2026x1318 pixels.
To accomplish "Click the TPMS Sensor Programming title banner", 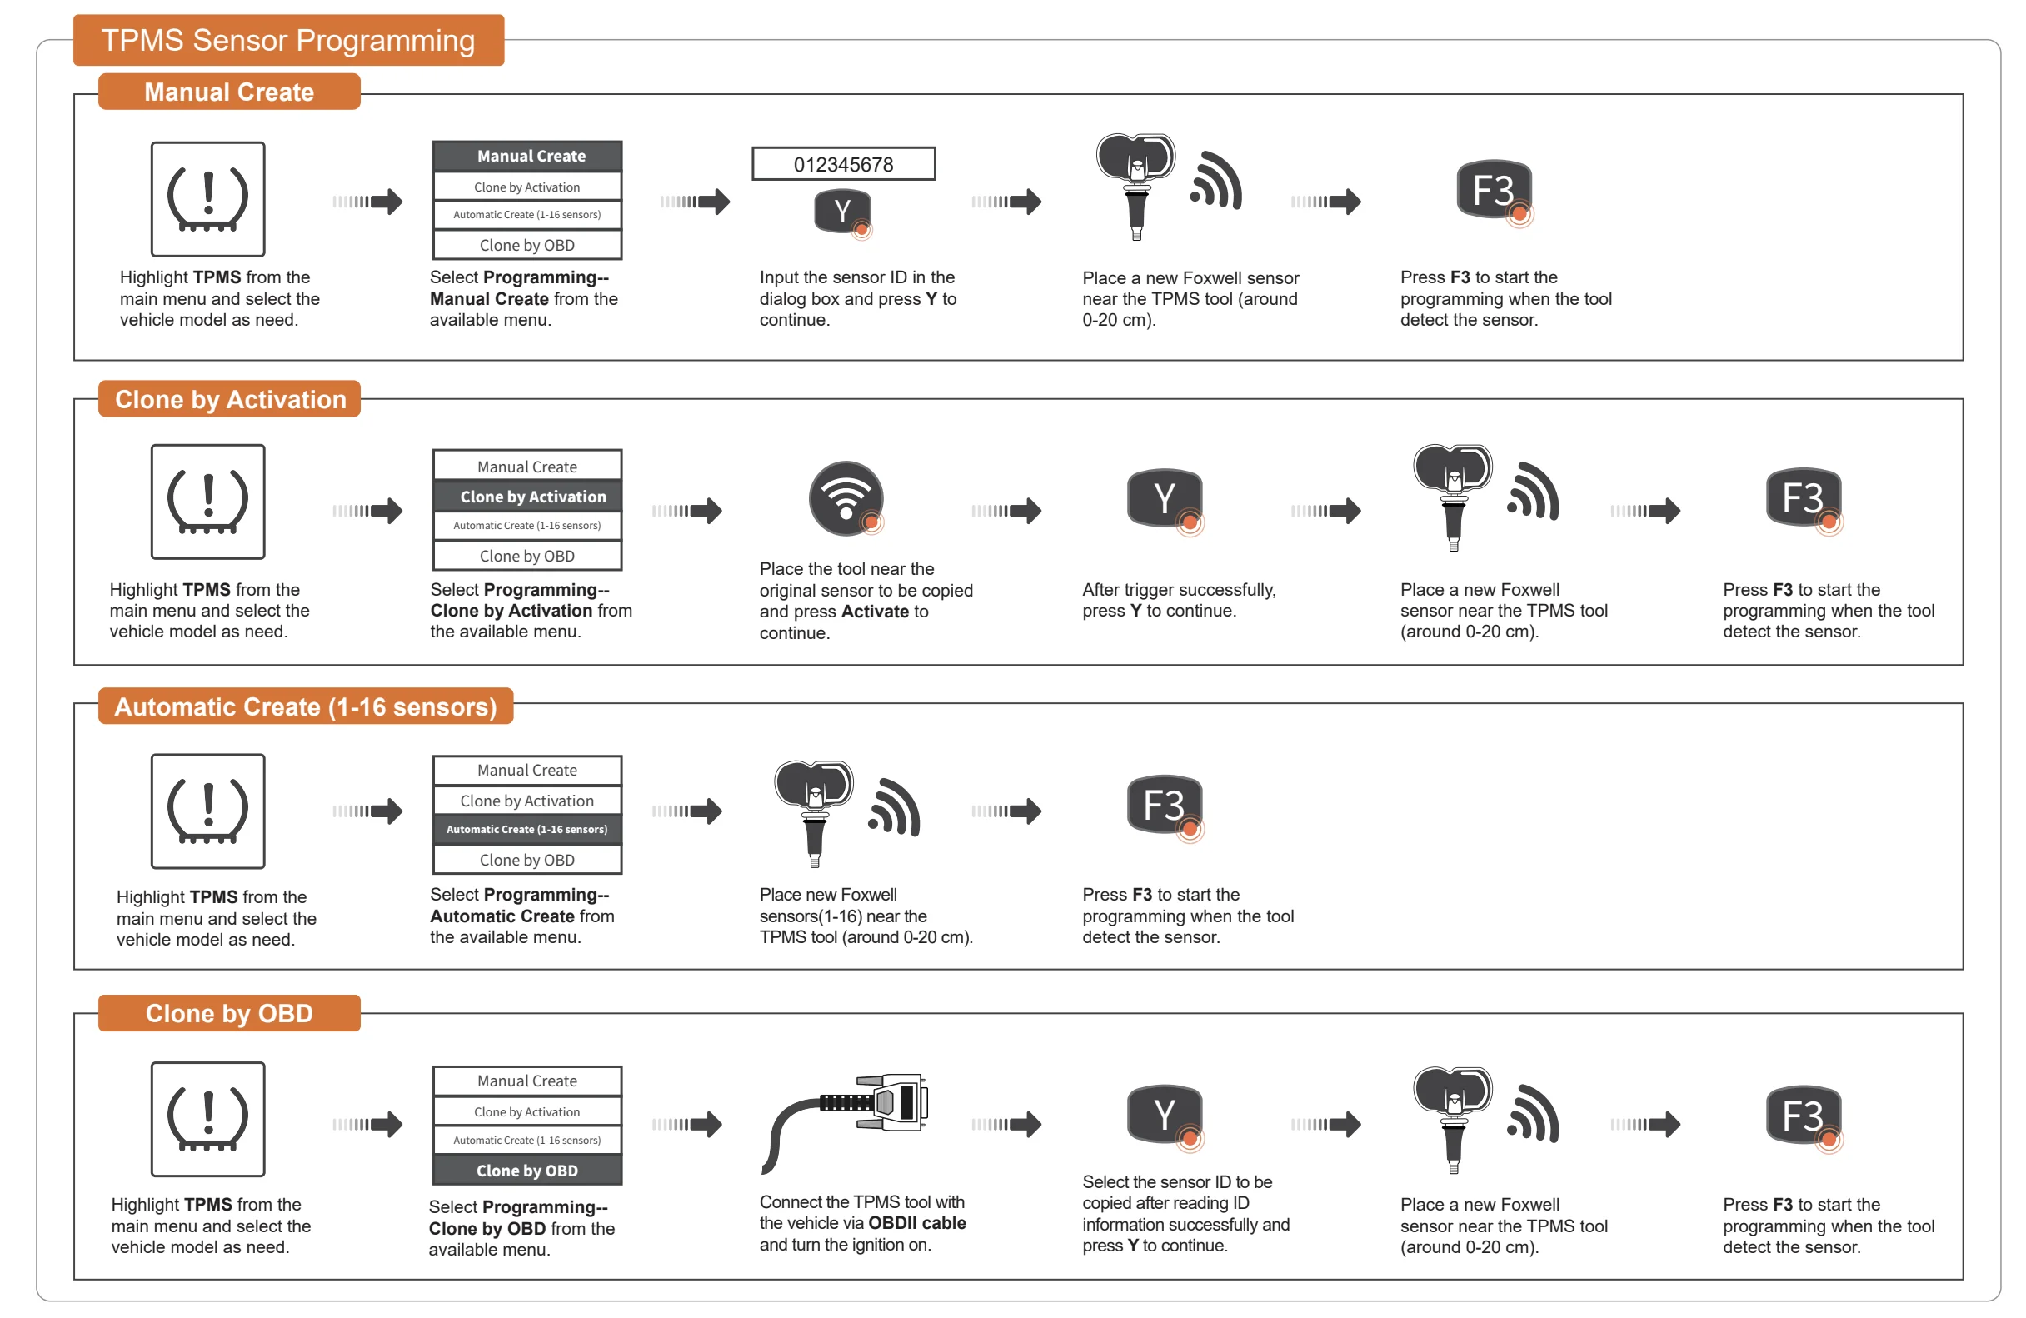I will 287,40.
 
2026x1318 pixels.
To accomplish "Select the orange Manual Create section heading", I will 229,92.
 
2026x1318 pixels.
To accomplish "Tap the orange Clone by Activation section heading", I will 230,399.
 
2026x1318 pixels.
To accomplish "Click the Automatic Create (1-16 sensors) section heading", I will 305,706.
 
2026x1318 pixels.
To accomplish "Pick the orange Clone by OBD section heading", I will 229,1013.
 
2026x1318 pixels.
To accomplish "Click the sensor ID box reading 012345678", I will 843,163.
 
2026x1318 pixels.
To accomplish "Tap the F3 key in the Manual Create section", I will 1494,190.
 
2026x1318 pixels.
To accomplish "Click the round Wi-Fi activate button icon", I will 846,498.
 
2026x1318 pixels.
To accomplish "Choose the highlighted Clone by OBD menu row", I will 527,1170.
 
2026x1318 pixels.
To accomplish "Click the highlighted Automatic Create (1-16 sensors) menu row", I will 527,829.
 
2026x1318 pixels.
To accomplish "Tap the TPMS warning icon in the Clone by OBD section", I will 207,1119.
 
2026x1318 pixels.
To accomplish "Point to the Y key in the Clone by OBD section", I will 1165,1114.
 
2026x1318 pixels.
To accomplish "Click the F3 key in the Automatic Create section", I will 1165,805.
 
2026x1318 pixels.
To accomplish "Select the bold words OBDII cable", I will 917,1223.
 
